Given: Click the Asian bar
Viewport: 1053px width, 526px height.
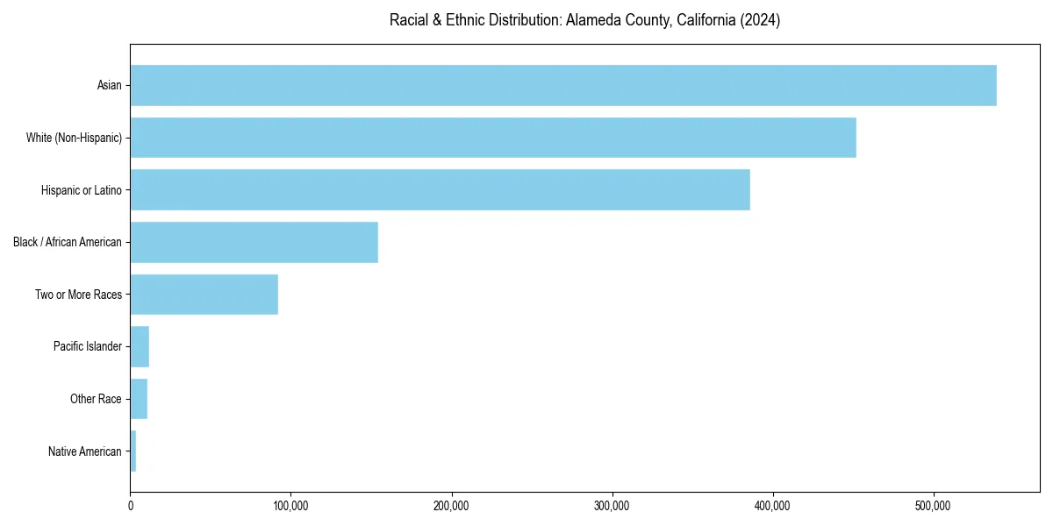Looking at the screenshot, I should tap(562, 85).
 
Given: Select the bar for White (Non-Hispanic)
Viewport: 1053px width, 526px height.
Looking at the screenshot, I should tap(491, 138).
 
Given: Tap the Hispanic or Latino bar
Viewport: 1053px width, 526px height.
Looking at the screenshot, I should tap(439, 189).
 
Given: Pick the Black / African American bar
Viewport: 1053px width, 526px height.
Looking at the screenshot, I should tap(254, 242).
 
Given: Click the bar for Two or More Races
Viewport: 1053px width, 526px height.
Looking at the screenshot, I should tap(204, 295).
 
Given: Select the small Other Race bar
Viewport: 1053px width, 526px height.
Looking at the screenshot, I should tap(139, 399).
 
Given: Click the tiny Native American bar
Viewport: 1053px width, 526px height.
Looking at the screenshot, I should tap(133, 451).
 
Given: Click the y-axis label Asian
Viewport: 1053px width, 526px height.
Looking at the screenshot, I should tap(109, 85).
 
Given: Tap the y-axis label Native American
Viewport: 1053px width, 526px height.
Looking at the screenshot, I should tap(84, 451).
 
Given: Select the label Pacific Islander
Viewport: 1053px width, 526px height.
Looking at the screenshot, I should tap(87, 346).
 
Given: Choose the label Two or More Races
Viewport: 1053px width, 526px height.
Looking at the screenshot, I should tap(78, 295).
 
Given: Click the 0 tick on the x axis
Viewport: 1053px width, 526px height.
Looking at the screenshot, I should tap(131, 506).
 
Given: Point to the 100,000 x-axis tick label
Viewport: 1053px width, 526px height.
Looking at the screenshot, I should tap(290, 506).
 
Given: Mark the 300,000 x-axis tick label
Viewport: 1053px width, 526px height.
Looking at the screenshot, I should tap(612, 506).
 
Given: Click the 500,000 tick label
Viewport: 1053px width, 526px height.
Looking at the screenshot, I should tap(933, 506).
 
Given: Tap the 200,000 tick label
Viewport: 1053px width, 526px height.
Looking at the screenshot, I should tap(451, 506).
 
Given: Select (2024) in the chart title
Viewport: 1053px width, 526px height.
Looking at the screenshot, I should tap(760, 20).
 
